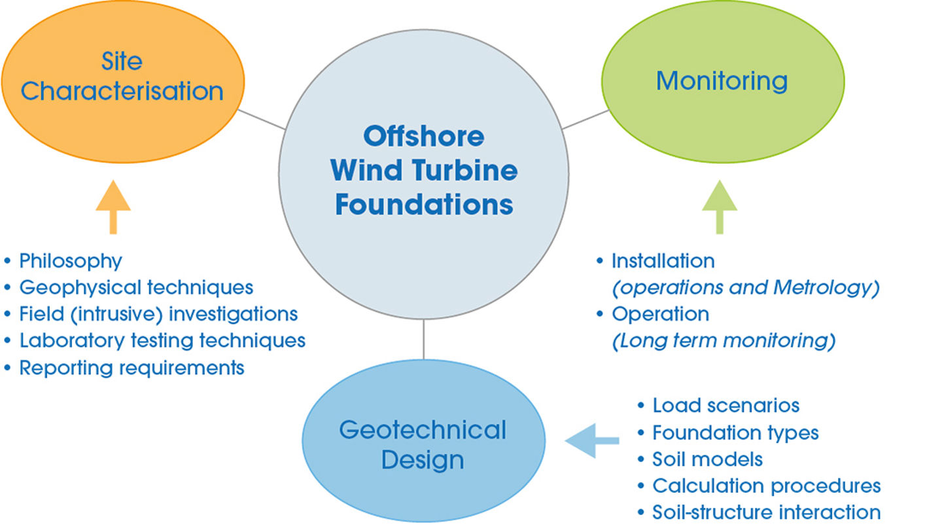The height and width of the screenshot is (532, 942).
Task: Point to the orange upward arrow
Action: (x=113, y=207)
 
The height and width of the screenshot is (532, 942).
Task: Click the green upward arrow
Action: (x=720, y=207)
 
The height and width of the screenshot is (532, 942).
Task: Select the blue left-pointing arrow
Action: (x=591, y=440)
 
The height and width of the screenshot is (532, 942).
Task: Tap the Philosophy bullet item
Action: (x=71, y=261)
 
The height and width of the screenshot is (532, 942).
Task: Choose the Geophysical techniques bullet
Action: (x=136, y=287)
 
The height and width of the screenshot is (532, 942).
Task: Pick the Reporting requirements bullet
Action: (x=131, y=367)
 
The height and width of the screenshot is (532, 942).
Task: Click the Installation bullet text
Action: (x=663, y=261)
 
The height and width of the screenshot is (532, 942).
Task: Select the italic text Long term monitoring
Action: (x=724, y=340)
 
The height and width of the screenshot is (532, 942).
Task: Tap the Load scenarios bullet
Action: (x=725, y=406)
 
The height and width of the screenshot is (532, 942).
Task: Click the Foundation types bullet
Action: (x=735, y=433)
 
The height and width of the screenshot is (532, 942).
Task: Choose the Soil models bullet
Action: (x=707, y=459)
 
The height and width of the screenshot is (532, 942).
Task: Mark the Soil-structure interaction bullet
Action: (x=766, y=512)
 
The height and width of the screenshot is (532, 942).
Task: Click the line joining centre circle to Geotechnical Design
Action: (x=423, y=339)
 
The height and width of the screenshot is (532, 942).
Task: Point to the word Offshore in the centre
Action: (x=423, y=136)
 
